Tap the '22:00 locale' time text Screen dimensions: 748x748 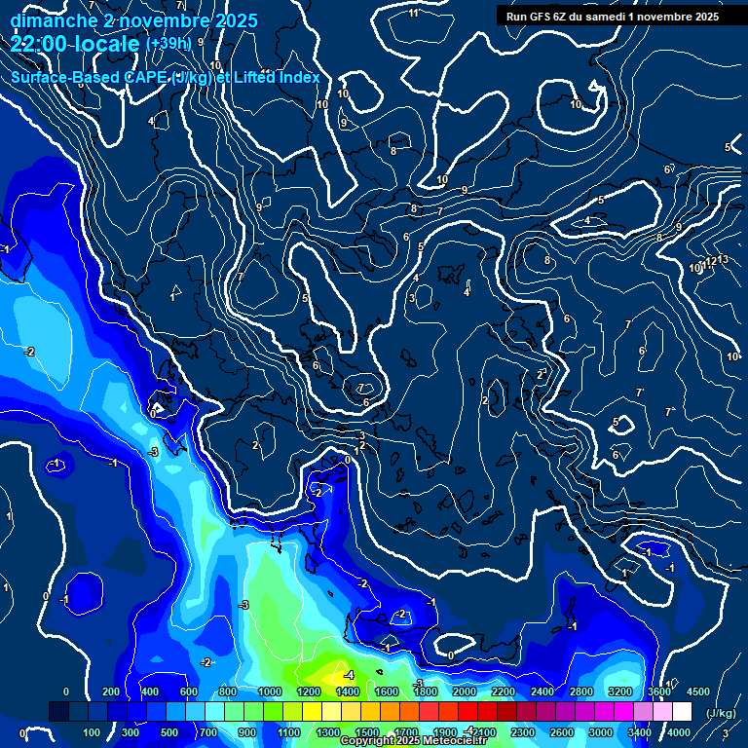(x=74, y=45)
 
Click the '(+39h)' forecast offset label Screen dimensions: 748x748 (x=169, y=44)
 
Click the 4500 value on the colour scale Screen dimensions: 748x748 (x=697, y=691)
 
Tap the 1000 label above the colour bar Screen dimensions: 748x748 (x=269, y=691)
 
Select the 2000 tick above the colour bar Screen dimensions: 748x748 (x=464, y=691)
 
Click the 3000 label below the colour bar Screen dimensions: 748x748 (x=600, y=732)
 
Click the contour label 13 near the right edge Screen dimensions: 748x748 (x=723, y=259)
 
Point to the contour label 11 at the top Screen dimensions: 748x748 (x=414, y=13)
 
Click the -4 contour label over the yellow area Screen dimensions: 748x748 (x=348, y=674)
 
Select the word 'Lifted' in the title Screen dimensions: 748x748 (x=256, y=77)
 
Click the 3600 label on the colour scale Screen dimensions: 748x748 (x=658, y=691)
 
